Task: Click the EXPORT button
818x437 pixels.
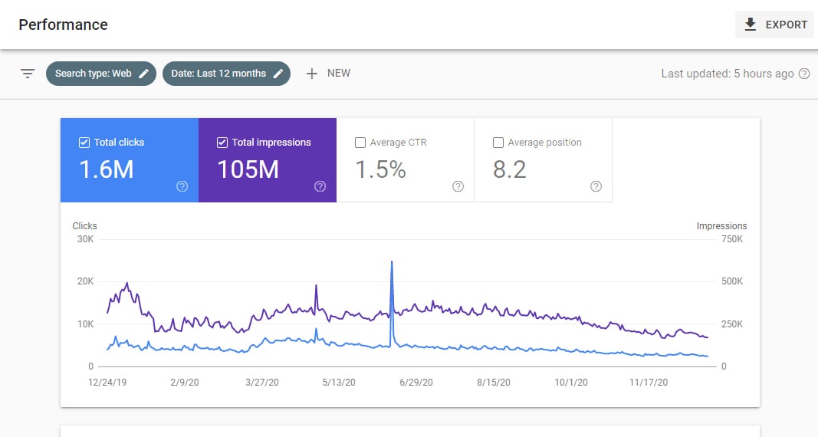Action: click(x=774, y=25)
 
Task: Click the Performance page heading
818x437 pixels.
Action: click(x=63, y=25)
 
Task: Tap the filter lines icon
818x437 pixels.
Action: click(x=28, y=74)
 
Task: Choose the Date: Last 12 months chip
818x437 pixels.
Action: click(x=226, y=74)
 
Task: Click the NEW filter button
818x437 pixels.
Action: click(x=328, y=74)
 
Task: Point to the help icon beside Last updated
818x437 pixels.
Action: click(x=804, y=74)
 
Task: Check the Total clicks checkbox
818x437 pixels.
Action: click(x=84, y=143)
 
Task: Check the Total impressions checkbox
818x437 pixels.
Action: click(x=222, y=143)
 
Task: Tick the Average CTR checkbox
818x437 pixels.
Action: click(x=360, y=143)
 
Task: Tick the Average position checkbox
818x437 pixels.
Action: click(x=498, y=143)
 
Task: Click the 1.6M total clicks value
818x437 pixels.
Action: click(x=106, y=169)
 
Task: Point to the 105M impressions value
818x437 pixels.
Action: click(x=248, y=169)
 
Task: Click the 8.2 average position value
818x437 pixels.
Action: click(x=510, y=169)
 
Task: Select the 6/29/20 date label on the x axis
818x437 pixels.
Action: click(x=416, y=382)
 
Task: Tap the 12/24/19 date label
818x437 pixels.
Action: click(x=108, y=382)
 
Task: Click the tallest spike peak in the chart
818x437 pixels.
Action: click(x=392, y=262)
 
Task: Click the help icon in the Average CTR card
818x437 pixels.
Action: click(x=458, y=186)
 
